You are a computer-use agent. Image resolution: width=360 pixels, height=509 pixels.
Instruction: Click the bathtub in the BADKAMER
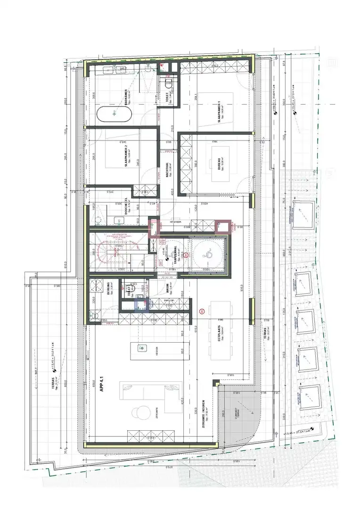point(114,114)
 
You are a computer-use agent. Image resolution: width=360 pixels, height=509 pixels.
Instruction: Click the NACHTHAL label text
point(167,166)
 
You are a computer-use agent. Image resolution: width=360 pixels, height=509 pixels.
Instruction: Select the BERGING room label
point(108,288)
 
